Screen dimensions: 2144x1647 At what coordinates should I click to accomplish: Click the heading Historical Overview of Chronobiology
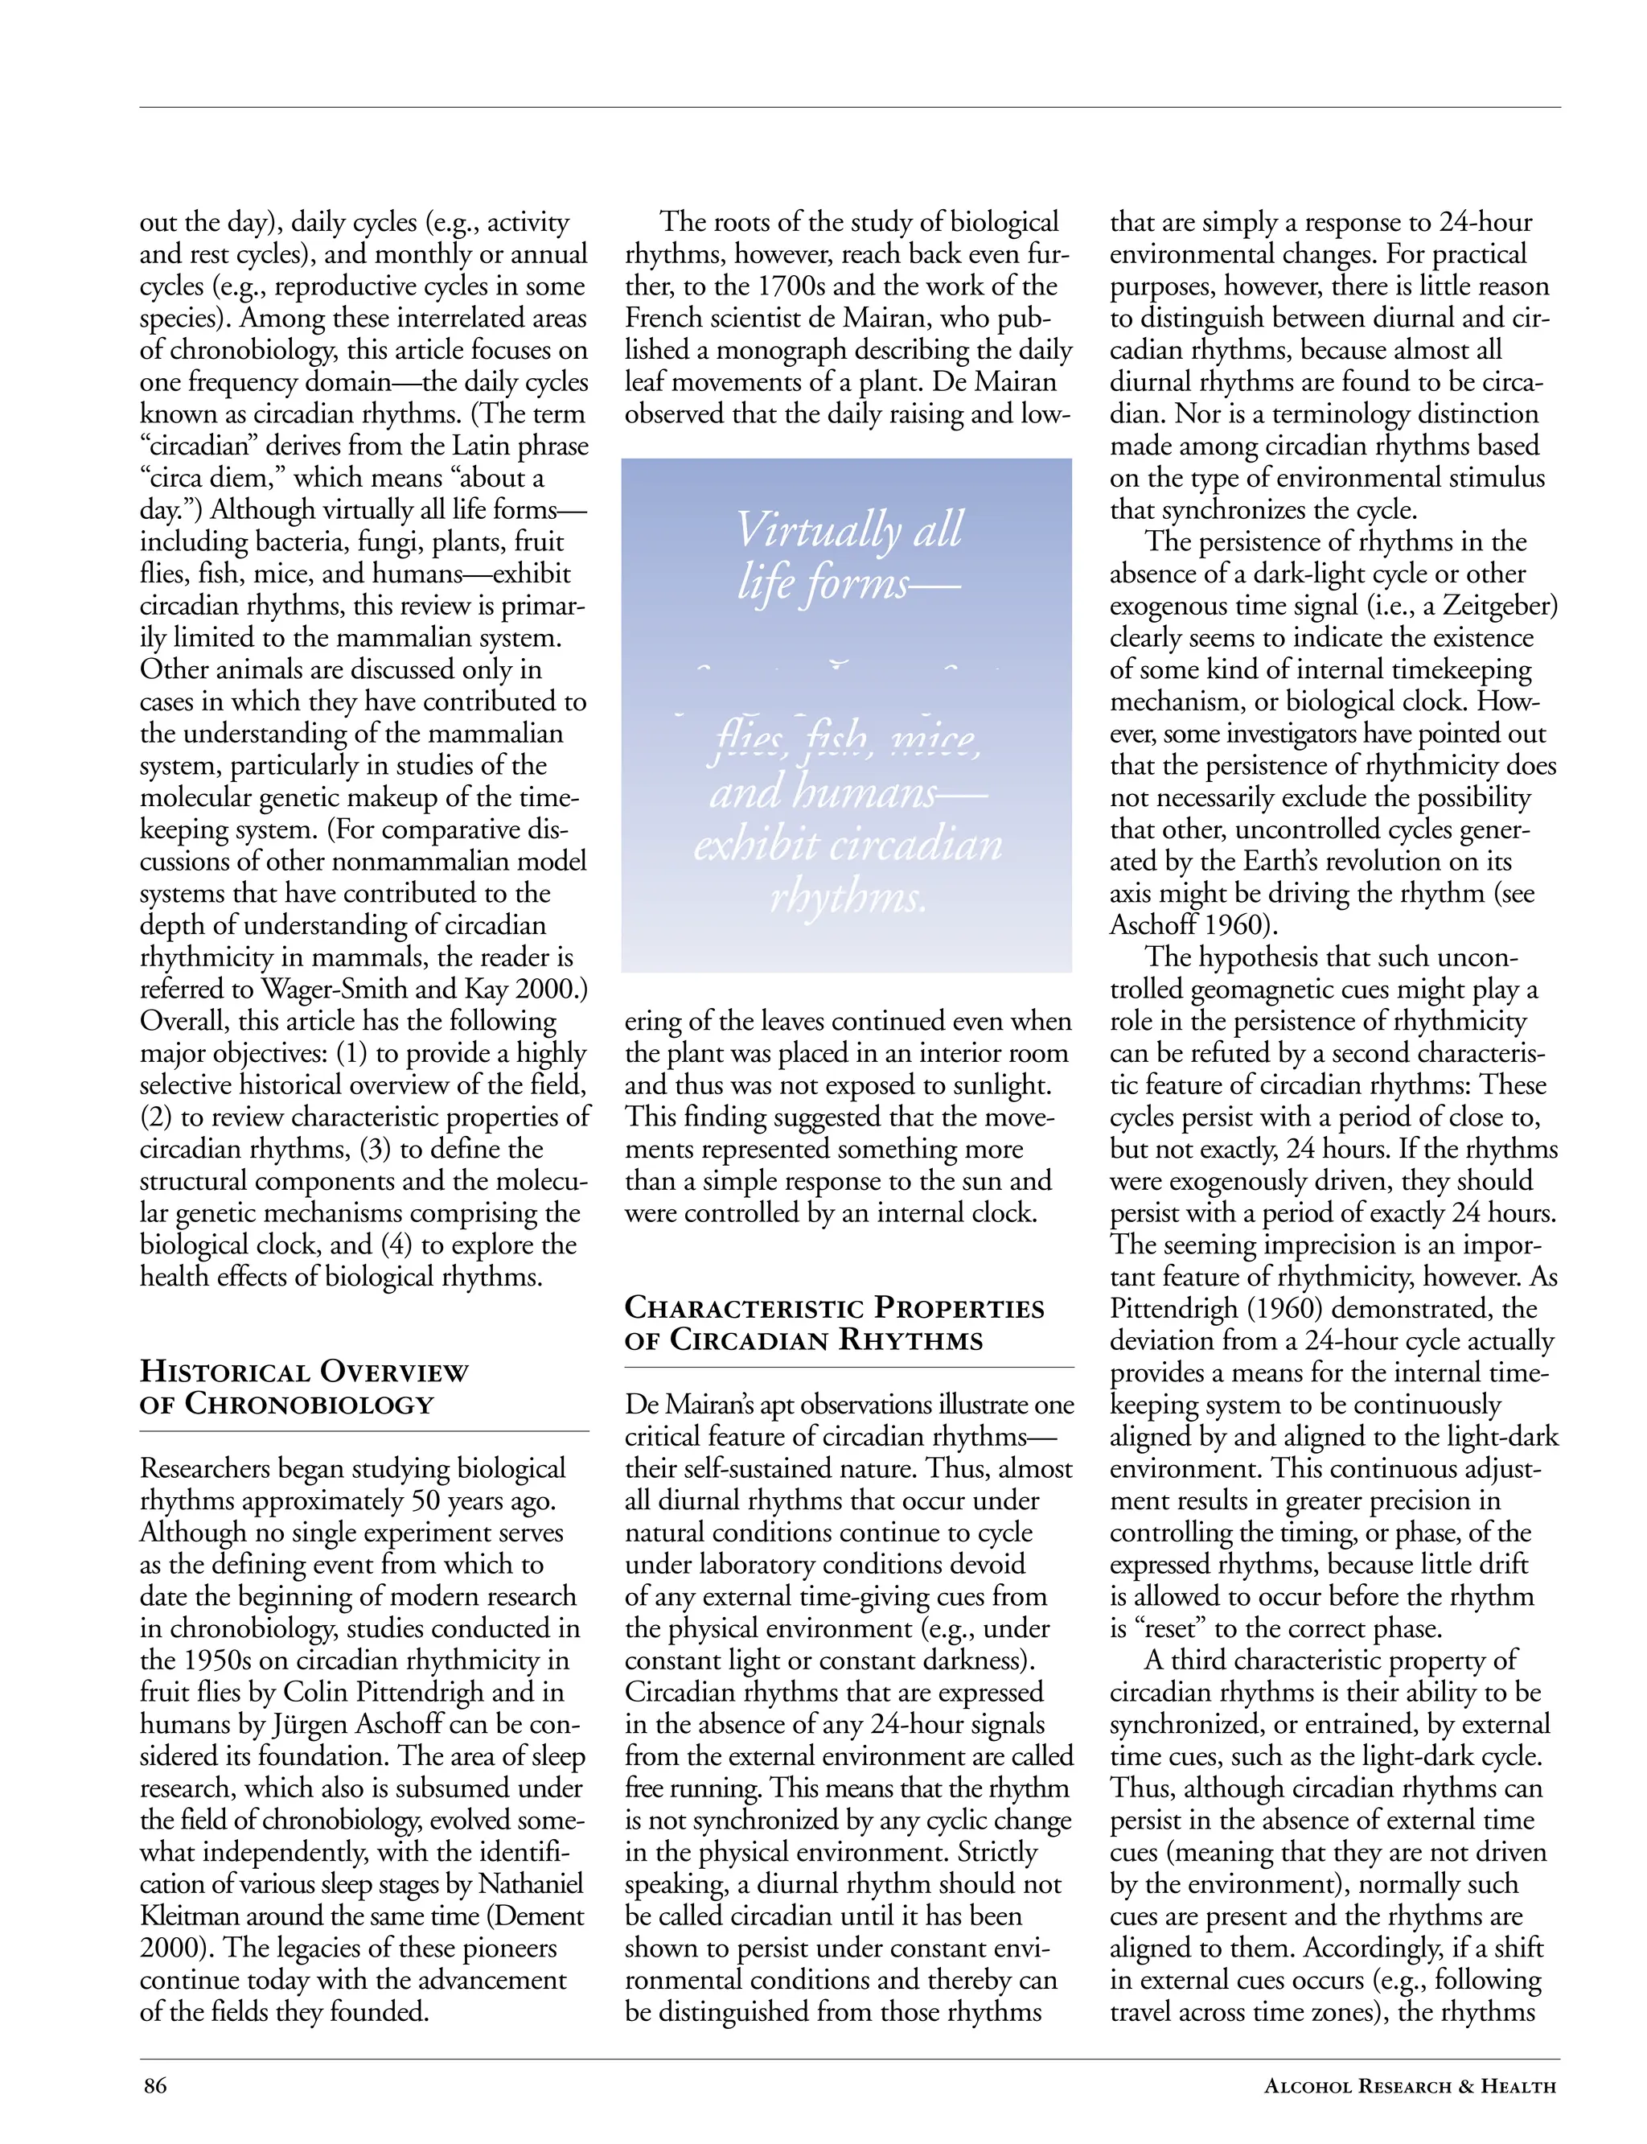tap(304, 1387)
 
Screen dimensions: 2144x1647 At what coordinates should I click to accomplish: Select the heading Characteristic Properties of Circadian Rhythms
tap(834, 1323)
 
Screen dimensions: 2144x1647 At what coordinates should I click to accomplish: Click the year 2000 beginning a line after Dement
tap(170, 1947)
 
